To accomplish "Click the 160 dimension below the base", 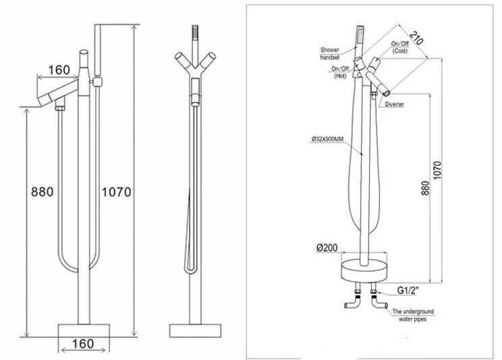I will [82, 344].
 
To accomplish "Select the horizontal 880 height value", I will [42, 191].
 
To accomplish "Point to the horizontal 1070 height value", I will [116, 191].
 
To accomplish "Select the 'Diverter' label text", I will [395, 104].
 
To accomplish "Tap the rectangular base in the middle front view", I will [196, 330].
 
